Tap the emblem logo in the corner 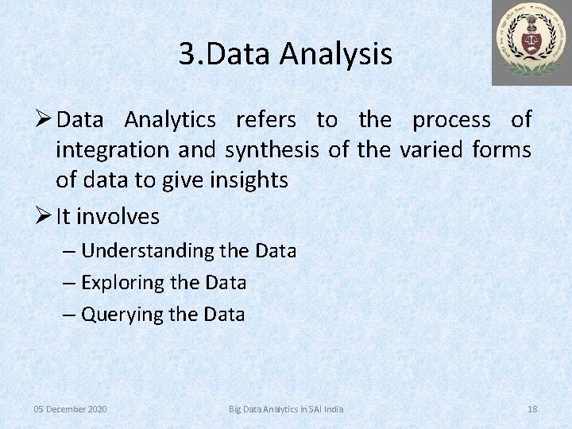(531, 43)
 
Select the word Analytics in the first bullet (170, 120)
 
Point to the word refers (266, 120)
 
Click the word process (451, 120)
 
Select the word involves (119, 216)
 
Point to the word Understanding (148, 251)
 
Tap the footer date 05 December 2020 (70, 409)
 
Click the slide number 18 (532, 409)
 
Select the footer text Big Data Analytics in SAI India (286, 409)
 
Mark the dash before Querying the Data (71, 315)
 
